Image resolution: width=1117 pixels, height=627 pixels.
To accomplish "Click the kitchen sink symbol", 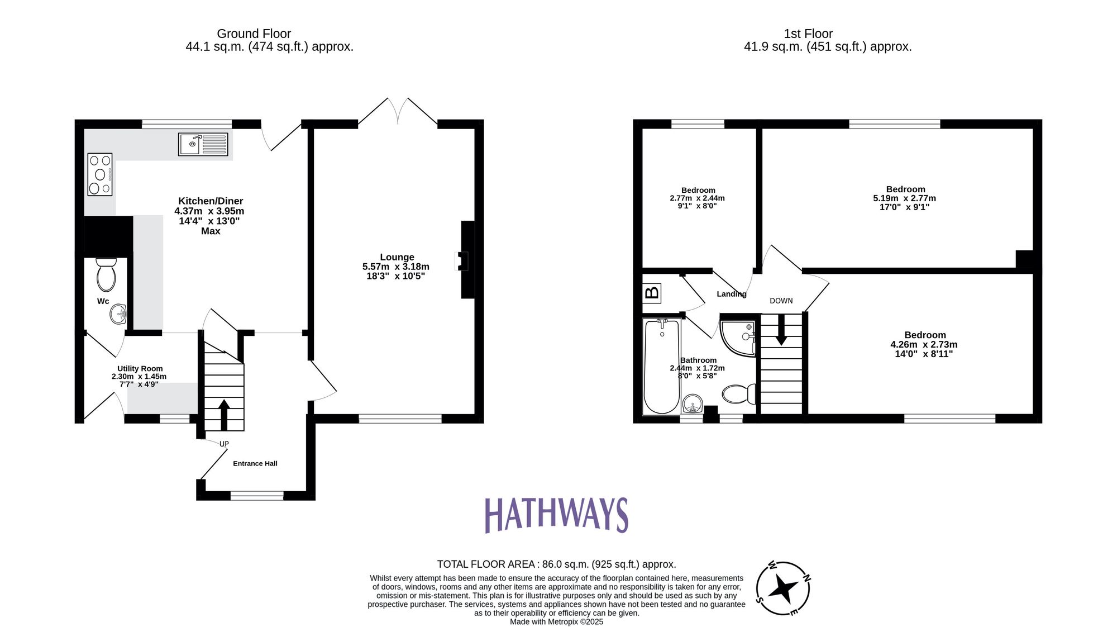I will point(203,144).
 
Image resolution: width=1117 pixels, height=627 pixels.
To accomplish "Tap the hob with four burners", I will point(100,174).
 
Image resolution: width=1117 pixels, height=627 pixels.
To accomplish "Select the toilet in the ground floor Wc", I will point(106,275).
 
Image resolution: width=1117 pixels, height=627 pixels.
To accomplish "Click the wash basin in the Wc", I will point(118,314).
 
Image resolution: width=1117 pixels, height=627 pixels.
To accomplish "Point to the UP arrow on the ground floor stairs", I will point(223,414).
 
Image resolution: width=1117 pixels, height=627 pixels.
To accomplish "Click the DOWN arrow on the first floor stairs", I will point(781,330).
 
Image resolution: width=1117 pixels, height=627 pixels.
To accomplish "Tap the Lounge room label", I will point(397,257).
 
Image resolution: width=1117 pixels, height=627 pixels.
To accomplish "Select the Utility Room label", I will point(140,369).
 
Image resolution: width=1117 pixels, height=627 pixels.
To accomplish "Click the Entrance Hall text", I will point(255,463).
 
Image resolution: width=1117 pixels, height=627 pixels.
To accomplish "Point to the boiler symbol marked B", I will point(652,292).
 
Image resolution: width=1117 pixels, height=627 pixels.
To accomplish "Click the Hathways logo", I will point(556,515).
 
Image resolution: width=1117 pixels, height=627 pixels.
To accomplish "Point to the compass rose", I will point(783,588).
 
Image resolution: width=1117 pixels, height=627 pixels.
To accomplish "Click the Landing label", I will point(731,294).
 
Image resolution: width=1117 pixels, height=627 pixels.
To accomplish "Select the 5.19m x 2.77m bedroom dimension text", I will point(904,198).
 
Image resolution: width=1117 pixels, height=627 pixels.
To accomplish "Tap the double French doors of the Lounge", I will point(398,112).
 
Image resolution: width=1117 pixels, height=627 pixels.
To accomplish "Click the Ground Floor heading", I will point(254,34).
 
